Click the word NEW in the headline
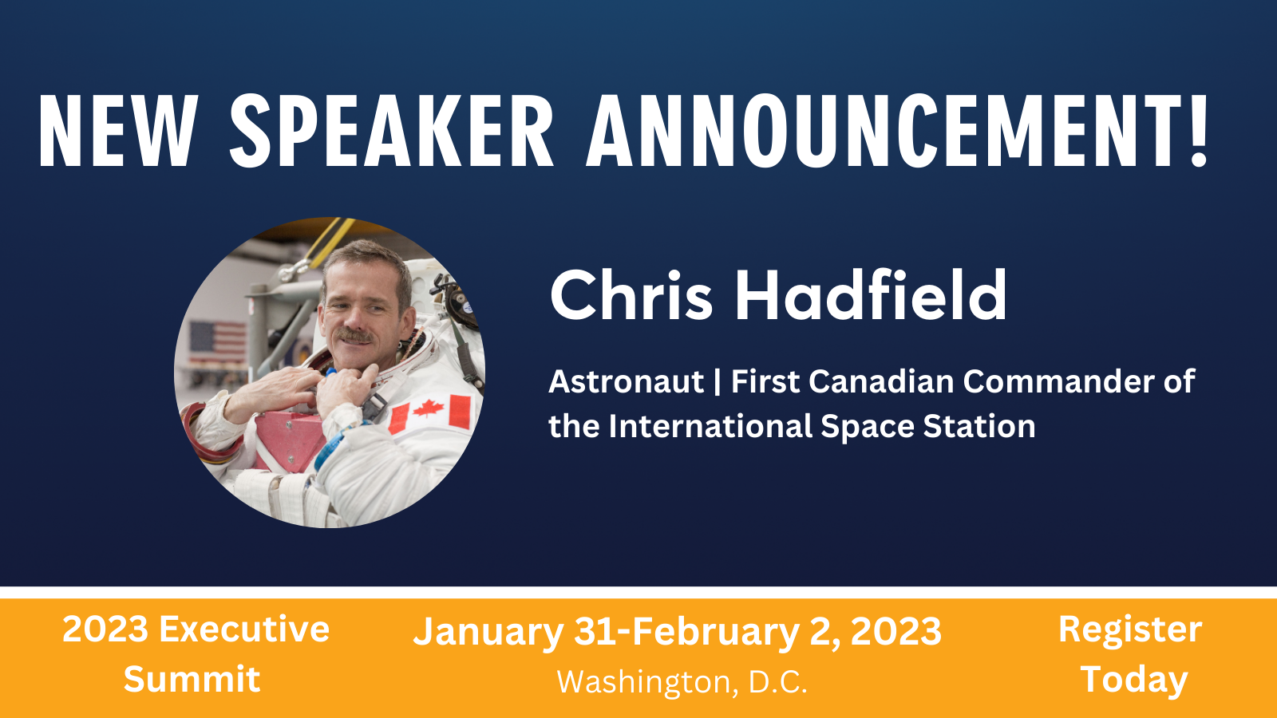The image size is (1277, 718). pyautogui.click(x=117, y=132)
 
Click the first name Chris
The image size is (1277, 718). pyautogui.click(x=631, y=295)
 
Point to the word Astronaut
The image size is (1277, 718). pyautogui.click(x=626, y=382)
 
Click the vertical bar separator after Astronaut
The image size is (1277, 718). pyautogui.click(x=717, y=382)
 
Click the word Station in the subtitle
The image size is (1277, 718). pyautogui.click(x=979, y=427)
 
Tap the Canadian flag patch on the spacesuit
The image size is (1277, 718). pyautogui.click(x=430, y=414)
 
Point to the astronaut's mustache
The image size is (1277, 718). pyautogui.click(x=354, y=334)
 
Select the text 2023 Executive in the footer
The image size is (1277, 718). pyautogui.click(x=196, y=629)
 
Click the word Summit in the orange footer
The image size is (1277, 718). pyautogui.click(x=192, y=680)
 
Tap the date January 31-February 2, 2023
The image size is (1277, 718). pyautogui.click(x=677, y=632)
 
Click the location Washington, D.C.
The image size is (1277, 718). pyautogui.click(x=682, y=682)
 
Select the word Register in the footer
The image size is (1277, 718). pyautogui.click(x=1129, y=629)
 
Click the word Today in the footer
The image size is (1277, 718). pyautogui.click(x=1133, y=680)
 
